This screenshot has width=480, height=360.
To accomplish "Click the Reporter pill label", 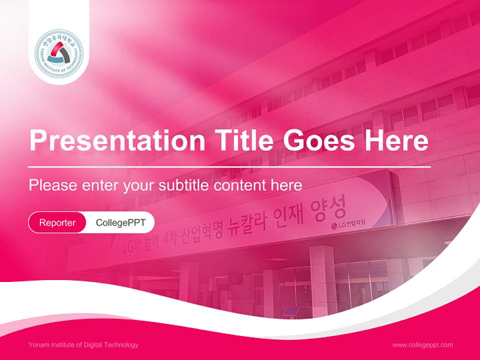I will point(57,222).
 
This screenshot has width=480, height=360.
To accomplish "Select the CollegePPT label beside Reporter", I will point(120,222).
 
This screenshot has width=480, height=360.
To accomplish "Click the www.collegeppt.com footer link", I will point(422,344).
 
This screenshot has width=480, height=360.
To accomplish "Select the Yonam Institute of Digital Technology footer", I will point(83,344).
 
